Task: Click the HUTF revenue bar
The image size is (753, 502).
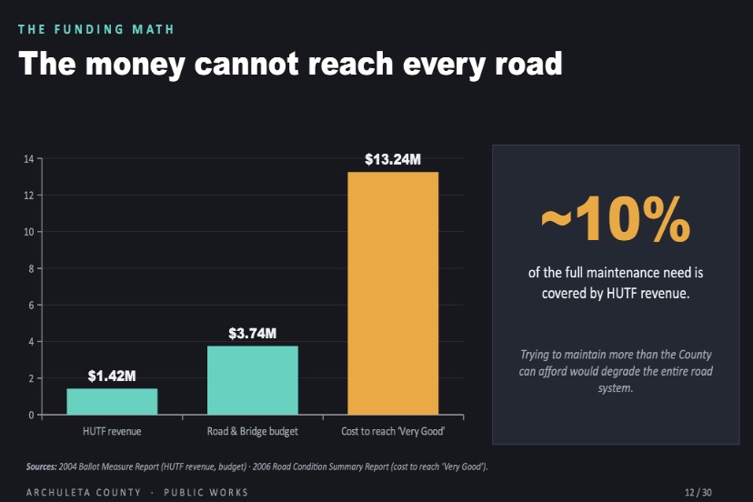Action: (x=112, y=401)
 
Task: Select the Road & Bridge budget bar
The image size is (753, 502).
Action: (x=253, y=380)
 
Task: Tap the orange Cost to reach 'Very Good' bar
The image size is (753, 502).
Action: (x=393, y=293)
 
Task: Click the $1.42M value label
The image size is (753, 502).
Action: (x=112, y=376)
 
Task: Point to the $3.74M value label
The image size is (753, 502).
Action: (x=253, y=334)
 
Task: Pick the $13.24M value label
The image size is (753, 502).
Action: (x=393, y=159)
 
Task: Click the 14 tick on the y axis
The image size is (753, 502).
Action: (x=29, y=159)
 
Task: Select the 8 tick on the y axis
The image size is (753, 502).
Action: (x=31, y=268)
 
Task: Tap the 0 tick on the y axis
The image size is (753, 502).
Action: (x=31, y=415)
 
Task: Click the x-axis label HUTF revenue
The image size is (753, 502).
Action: (x=112, y=431)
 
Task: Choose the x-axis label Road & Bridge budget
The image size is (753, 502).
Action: (x=253, y=431)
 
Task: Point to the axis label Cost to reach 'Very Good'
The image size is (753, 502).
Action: (x=393, y=431)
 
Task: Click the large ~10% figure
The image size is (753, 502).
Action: (x=616, y=219)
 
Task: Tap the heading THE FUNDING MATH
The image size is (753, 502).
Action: (x=96, y=29)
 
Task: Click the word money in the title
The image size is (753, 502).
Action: (x=136, y=65)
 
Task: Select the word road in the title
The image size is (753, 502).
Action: (x=528, y=63)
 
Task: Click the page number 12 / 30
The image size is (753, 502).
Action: (x=698, y=492)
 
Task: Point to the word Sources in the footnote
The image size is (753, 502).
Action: (x=42, y=467)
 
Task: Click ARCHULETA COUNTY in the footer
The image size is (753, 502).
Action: (x=84, y=492)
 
